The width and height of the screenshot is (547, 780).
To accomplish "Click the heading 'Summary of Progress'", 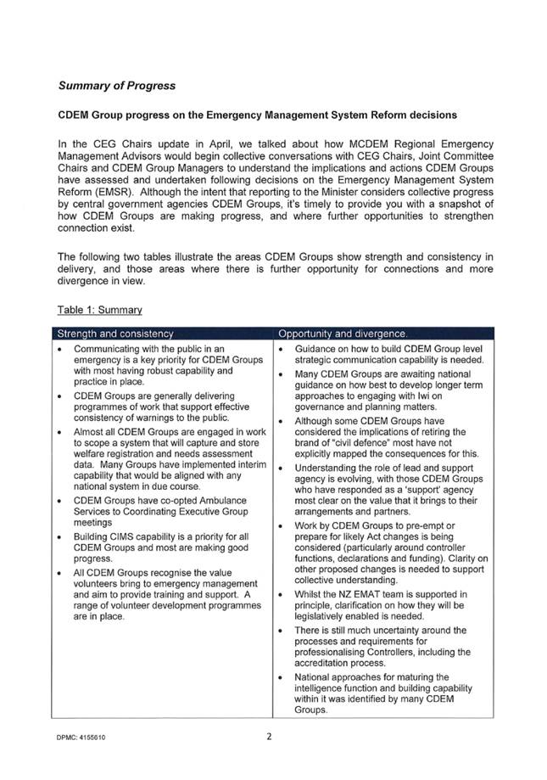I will pos(117,86).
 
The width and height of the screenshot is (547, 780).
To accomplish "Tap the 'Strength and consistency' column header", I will pos(114,333).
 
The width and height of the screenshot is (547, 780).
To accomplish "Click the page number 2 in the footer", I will pos(268,737).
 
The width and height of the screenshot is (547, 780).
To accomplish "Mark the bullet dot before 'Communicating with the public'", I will pos(58,349).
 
